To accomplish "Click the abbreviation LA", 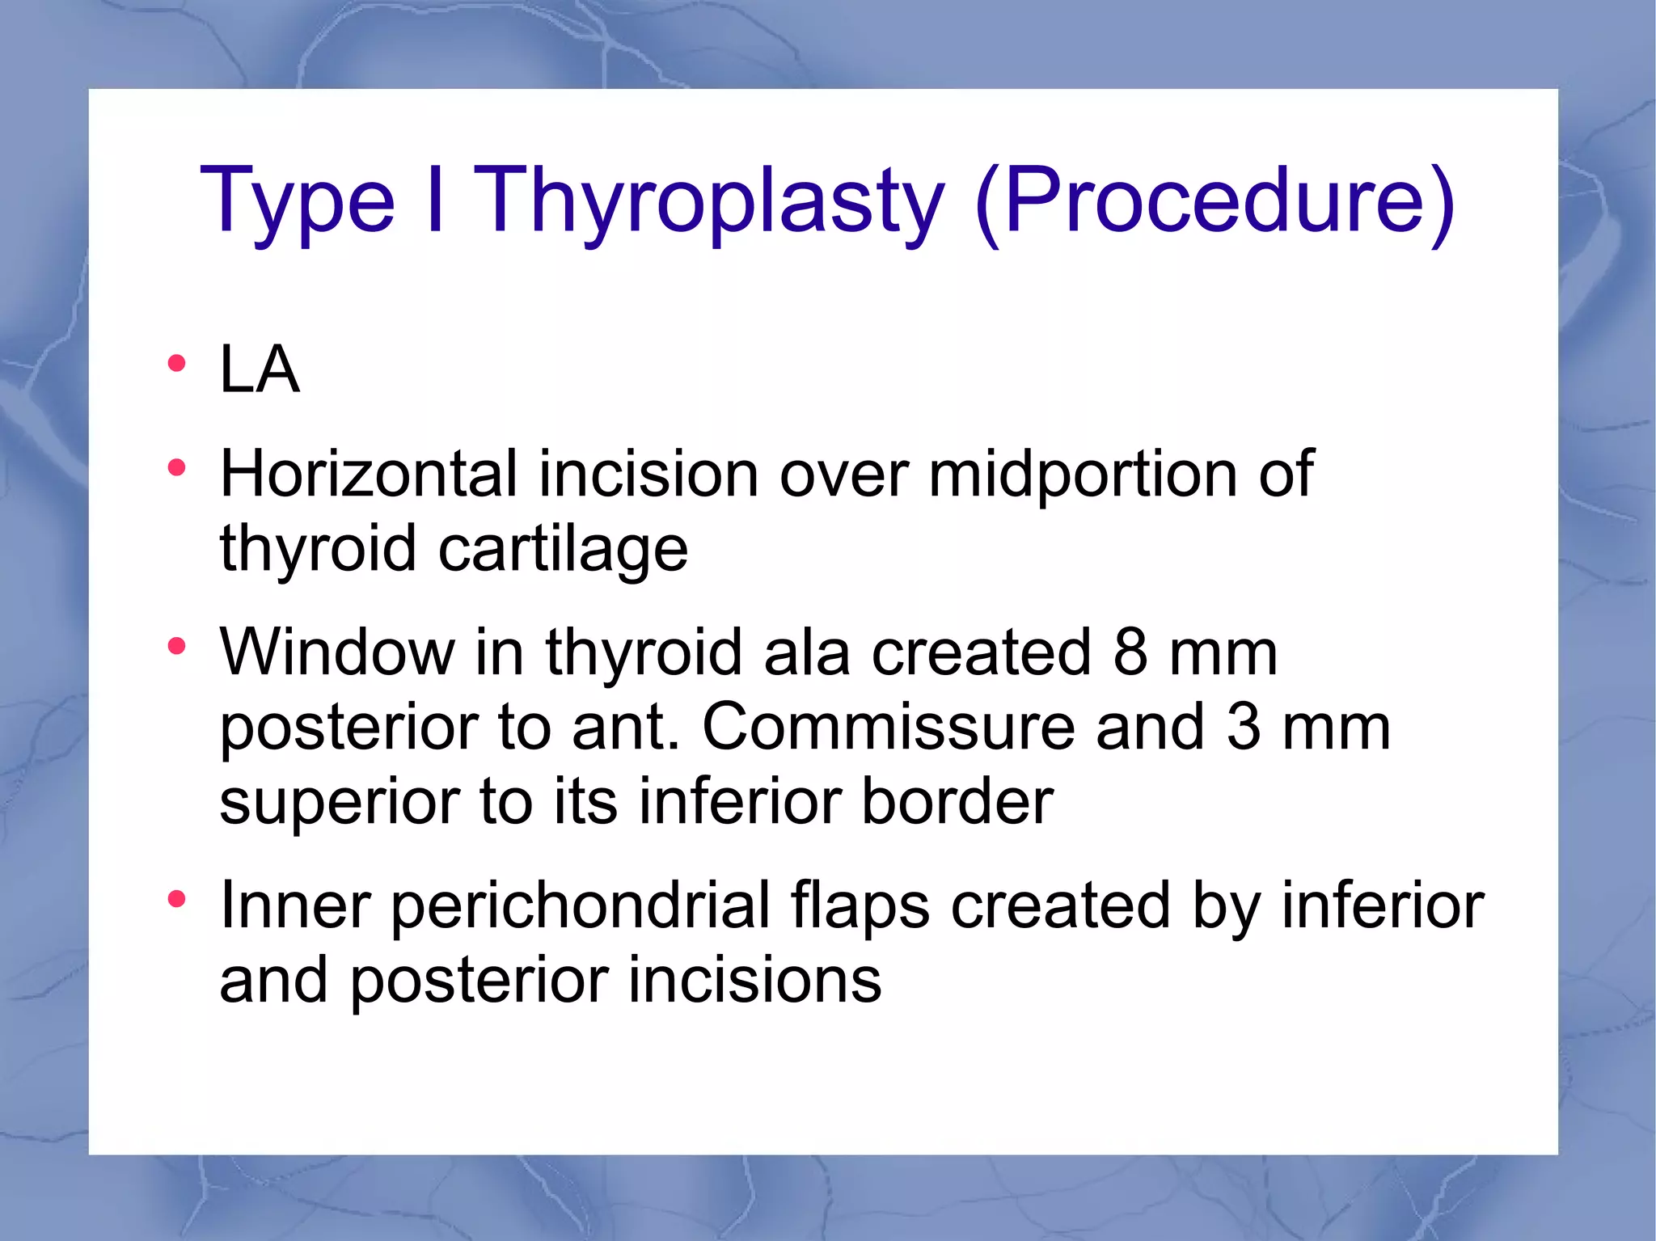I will click(260, 369).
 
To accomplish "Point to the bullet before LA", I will click(176, 363).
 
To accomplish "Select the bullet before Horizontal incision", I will click(176, 467).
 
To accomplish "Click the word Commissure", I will click(888, 726).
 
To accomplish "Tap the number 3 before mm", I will click(1244, 726).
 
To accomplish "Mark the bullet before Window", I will click(176, 645).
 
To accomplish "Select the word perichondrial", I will click(581, 905).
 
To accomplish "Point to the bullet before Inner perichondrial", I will click(176, 899).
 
